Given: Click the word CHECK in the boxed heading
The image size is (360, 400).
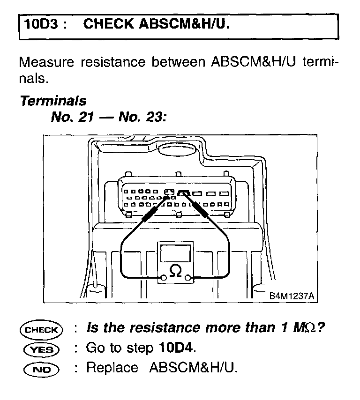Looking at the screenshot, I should (x=109, y=24).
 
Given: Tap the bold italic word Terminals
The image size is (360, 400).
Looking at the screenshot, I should (x=53, y=101).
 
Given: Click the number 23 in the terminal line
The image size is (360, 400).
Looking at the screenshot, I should (x=153, y=117).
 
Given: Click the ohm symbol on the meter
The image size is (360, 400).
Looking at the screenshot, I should (x=175, y=271).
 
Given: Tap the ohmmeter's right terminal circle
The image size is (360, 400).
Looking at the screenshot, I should (x=188, y=278).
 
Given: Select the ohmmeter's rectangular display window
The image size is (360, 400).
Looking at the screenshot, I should (x=175, y=252).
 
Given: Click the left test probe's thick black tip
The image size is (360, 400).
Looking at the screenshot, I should (x=149, y=214).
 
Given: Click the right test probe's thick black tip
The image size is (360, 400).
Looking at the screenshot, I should (x=204, y=210).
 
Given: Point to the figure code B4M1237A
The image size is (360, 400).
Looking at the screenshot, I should (x=291, y=296).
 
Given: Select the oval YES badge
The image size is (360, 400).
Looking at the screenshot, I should (x=41, y=349).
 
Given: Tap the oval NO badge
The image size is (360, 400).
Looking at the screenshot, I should (x=41, y=369).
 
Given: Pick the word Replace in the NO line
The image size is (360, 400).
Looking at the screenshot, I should (x=112, y=368).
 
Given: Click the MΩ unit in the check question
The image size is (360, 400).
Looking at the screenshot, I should (x=302, y=328).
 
